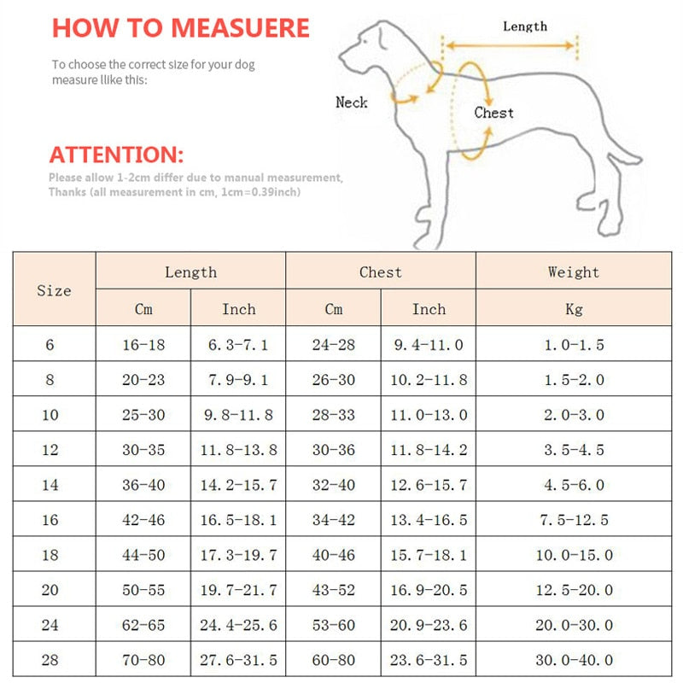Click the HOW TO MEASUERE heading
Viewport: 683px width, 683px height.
click(180, 27)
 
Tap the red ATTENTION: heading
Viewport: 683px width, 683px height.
click(116, 155)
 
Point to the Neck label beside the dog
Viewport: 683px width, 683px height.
click(351, 102)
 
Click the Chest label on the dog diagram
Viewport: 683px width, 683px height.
click(493, 113)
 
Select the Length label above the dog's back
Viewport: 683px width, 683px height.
click(524, 26)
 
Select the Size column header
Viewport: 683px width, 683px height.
click(54, 290)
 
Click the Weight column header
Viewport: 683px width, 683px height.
click(573, 272)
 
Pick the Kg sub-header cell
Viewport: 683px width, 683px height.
click(573, 309)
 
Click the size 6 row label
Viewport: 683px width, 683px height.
click(50, 345)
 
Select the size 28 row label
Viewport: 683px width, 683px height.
click(50, 660)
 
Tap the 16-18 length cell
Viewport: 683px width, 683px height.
click(143, 345)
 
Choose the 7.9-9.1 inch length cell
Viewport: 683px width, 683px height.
click(238, 380)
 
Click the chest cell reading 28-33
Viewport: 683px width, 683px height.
click(333, 415)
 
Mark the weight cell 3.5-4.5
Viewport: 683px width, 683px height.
click(573, 450)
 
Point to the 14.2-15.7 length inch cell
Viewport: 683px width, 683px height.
click(238, 485)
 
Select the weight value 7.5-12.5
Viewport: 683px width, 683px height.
click(573, 520)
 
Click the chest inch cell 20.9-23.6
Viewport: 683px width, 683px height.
click(429, 625)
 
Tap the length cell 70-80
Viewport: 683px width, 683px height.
click(143, 660)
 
